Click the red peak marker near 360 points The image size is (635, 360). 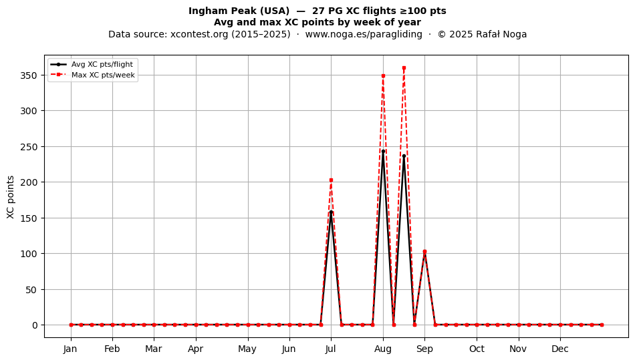(404, 68)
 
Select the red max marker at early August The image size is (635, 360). (383, 75)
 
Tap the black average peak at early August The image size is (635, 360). (383, 152)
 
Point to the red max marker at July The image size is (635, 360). (331, 180)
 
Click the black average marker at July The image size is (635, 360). (331, 212)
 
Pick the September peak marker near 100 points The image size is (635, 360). (424, 252)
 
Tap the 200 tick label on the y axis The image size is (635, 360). (29, 182)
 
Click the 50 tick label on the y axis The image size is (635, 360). (31, 290)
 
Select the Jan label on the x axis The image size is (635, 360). (70, 349)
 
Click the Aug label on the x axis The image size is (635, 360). (383, 349)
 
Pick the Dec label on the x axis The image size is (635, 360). (560, 349)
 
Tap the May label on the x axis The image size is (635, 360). (247, 349)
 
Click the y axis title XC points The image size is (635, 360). (11, 197)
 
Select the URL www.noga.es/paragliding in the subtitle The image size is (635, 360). (364, 34)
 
